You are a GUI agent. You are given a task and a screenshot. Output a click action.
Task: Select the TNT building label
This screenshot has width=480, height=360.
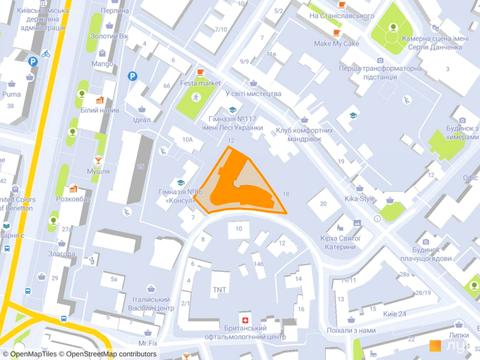click(x=219, y=290)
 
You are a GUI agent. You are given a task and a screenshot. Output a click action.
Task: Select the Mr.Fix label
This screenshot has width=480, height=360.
click(x=149, y=343)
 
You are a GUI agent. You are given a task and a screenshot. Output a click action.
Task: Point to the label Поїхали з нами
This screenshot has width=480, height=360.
click(x=351, y=329)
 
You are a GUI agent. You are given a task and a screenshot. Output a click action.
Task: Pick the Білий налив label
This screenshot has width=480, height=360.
click(x=100, y=111)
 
